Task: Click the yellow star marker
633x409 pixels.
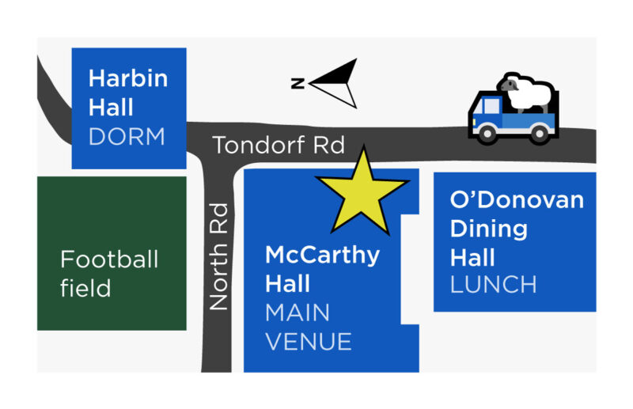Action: tap(362, 191)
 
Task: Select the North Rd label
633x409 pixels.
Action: tap(218, 256)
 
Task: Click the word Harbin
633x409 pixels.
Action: tap(127, 78)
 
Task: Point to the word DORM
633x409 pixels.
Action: tap(127, 136)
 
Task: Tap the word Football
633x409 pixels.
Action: tap(109, 259)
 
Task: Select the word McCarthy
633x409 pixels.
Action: tap(322, 256)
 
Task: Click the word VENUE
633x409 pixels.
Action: tap(308, 342)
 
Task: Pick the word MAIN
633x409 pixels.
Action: tap(298, 312)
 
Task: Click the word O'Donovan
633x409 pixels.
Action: tap(517, 199)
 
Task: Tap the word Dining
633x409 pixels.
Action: tap(489, 229)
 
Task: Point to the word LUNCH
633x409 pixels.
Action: tap(494, 284)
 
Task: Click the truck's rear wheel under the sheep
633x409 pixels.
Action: tap(539, 134)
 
